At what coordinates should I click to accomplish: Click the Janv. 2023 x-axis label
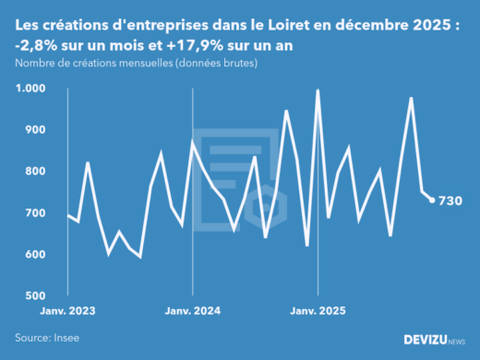click(x=68, y=312)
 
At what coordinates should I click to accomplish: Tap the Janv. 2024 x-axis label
click(x=192, y=312)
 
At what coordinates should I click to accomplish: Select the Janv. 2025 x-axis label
click(x=317, y=312)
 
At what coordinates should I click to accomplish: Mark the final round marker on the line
click(x=431, y=200)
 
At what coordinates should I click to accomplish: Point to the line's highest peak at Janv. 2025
click(x=318, y=90)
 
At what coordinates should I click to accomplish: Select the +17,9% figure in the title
click(x=186, y=46)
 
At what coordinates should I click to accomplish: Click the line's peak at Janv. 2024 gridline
click(x=192, y=141)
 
